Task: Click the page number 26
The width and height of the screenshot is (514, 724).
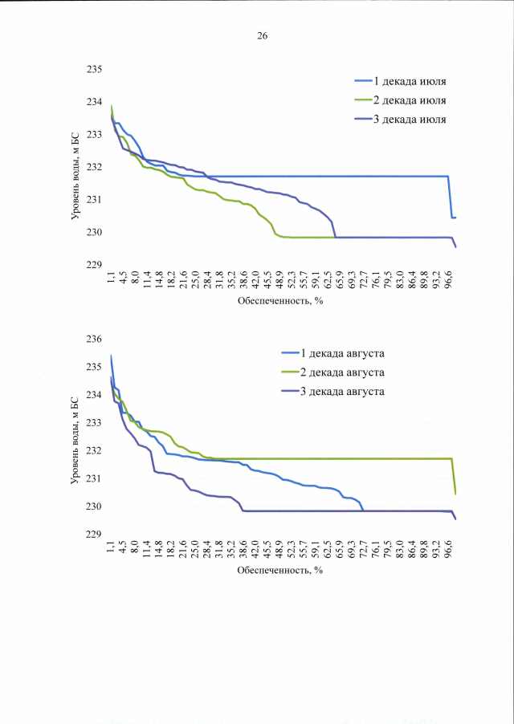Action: pyautogui.click(x=262, y=36)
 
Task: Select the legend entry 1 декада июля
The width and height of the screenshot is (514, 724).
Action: pyautogui.click(x=411, y=81)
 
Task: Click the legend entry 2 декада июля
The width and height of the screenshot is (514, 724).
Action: pyautogui.click(x=411, y=100)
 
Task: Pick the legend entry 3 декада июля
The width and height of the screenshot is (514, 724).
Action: pyautogui.click(x=411, y=120)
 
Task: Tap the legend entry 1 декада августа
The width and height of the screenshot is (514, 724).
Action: pyautogui.click(x=343, y=353)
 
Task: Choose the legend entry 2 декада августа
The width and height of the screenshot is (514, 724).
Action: pyautogui.click(x=343, y=372)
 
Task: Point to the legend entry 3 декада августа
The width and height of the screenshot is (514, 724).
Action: pyautogui.click(x=343, y=392)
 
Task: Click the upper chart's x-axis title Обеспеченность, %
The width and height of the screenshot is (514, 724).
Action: pyautogui.click(x=279, y=303)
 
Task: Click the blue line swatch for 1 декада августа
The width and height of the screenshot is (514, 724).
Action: pyautogui.click(x=289, y=353)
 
